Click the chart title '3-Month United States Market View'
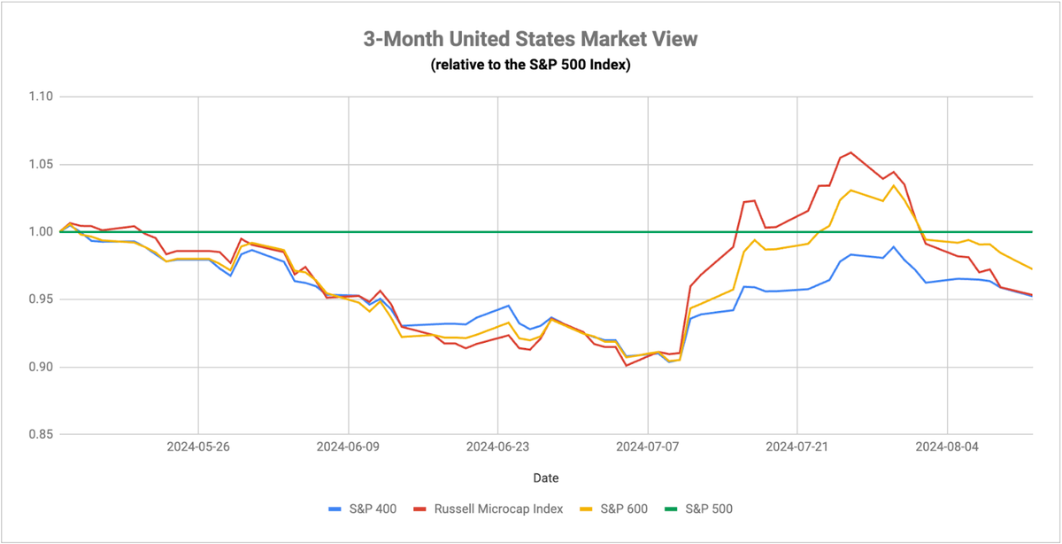coord(530,39)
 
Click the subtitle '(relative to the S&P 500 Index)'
coord(530,64)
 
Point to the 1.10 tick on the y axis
coord(41,97)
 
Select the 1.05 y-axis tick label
coord(41,164)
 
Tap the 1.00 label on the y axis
coord(41,231)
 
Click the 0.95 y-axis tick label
coord(41,299)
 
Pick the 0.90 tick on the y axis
coord(41,367)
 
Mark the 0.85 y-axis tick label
coord(41,434)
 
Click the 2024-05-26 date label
coord(198,447)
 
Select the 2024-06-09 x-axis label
coord(348,447)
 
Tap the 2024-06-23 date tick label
coord(497,447)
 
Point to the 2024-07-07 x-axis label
coord(648,447)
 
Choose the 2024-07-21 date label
coord(797,447)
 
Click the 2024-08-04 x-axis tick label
coord(947,447)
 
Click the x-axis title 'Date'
coord(546,478)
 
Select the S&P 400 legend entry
coord(363,509)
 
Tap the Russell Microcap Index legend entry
coord(489,509)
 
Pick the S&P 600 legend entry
coord(613,509)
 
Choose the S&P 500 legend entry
coord(698,509)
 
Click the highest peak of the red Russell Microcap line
coord(850,152)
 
